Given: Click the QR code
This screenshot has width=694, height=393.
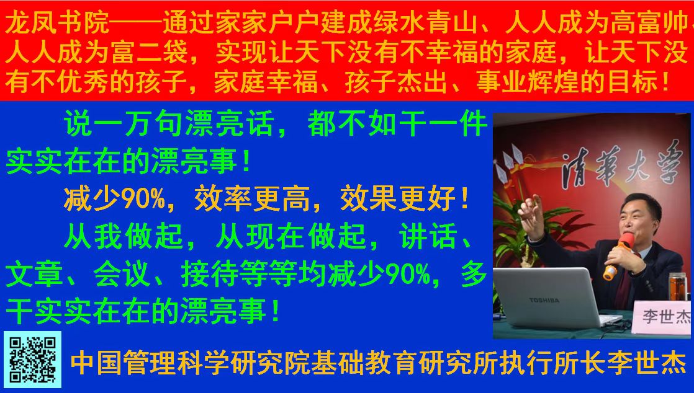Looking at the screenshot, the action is [x=33, y=360].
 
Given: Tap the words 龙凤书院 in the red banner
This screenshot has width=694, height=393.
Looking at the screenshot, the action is [x=57, y=23].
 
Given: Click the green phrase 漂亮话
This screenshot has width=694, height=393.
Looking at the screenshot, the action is [x=230, y=124].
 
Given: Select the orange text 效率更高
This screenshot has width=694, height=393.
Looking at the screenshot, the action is [x=253, y=199].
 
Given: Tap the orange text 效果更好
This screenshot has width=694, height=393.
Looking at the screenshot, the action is [x=399, y=199].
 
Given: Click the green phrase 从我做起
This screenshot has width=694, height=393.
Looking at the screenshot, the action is [x=124, y=237].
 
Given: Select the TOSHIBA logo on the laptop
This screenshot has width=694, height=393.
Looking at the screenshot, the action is [x=544, y=300].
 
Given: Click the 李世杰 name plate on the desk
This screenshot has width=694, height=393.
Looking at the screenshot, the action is [x=662, y=317].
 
